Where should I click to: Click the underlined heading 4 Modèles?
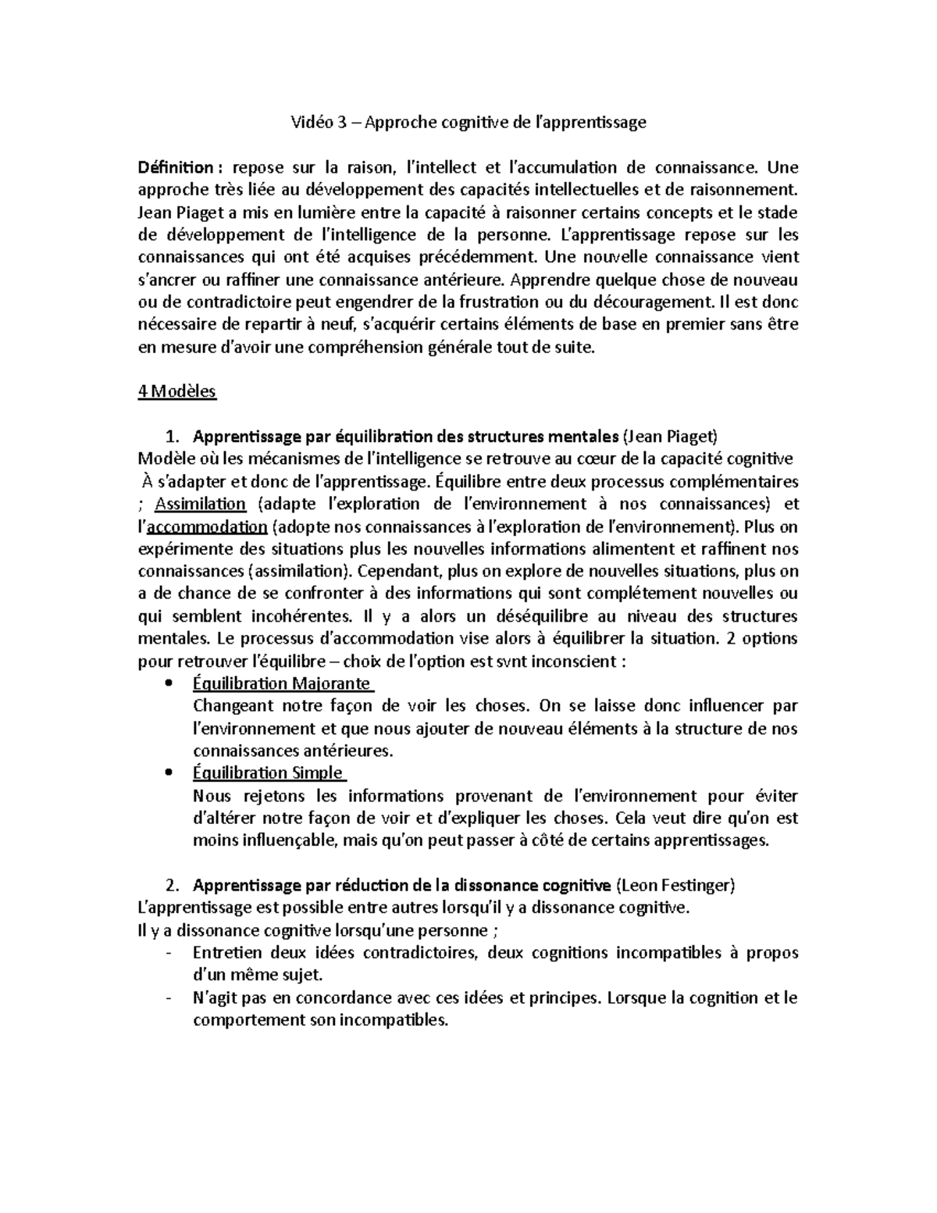pyautogui.click(x=176, y=392)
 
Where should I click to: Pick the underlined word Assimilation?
pyautogui.click(x=201, y=504)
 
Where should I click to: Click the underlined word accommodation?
pyautogui.click(x=208, y=526)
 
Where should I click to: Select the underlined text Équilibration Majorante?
pyautogui.click(x=281, y=683)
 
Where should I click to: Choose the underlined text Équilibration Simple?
pyautogui.click(x=268, y=773)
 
